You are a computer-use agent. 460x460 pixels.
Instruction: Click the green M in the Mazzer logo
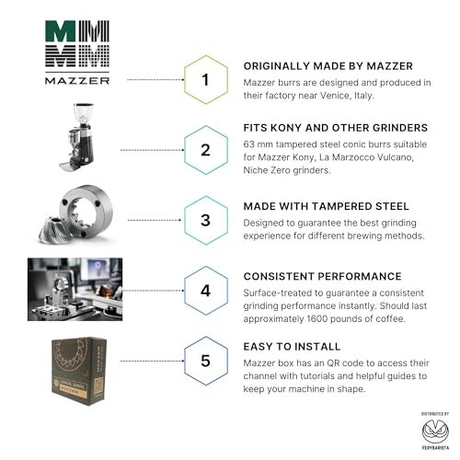coord(60,31)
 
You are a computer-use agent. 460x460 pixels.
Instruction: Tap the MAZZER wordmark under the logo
coord(77,81)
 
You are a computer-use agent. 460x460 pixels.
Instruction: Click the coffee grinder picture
coord(76,137)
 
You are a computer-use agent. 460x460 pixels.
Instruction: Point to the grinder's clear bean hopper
coord(83,113)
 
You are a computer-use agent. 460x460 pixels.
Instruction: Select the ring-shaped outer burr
coord(86,211)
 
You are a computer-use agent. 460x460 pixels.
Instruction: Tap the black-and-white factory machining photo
coord(75,289)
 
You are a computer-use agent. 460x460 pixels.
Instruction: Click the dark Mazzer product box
coord(79,371)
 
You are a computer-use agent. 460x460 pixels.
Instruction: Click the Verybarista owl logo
coord(435,431)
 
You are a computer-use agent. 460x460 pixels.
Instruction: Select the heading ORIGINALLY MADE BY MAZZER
coord(328,66)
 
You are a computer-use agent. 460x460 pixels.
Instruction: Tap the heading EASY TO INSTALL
coord(292,347)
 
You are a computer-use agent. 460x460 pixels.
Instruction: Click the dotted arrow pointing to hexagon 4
coord(154,291)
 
